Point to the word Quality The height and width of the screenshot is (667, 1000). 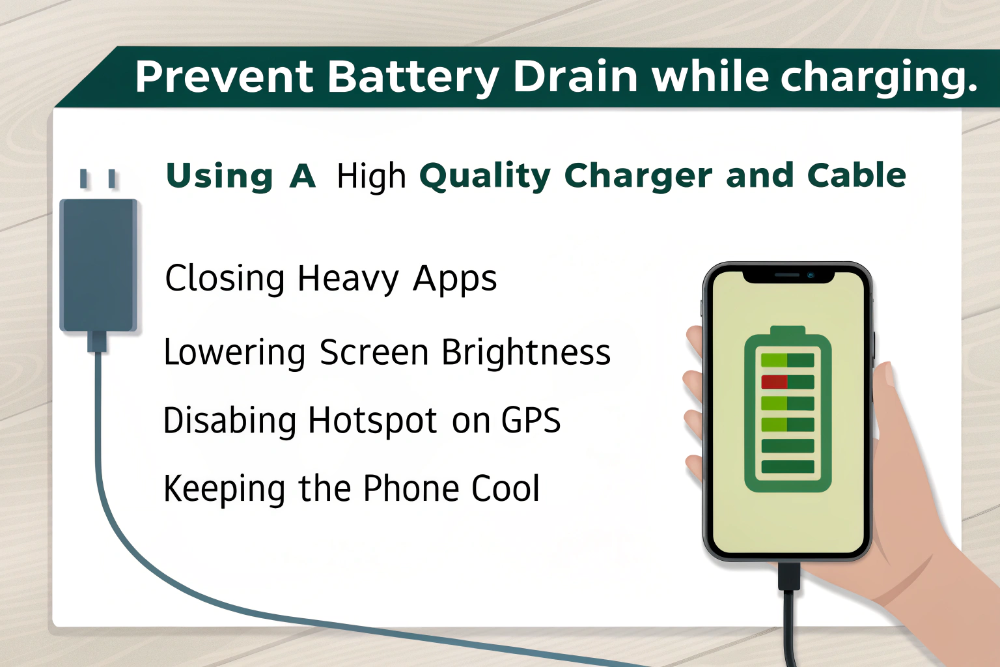pyautogui.click(x=485, y=177)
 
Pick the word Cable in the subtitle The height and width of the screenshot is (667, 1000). pyautogui.click(x=856, y=175)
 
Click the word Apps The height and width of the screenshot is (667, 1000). pyautogui.click(x=454, y=279)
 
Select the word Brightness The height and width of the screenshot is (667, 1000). pyautogui.click(x=526, y=352)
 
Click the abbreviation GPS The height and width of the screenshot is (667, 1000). pyautogui.click(x=531, y=420)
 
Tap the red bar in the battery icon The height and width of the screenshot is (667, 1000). pyautogui.click(x=774, y=382)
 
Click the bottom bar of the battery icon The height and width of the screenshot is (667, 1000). pyautogui.click(x=788, y=466)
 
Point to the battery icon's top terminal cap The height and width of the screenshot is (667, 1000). pyautogui.click(x=788, y=331)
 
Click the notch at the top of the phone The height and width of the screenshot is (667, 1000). pyautogui.click(x=788, y=276)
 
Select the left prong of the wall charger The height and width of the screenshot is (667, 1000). pyautogui.click(x=83, y=178)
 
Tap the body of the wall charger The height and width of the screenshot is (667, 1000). pyautogui.click(x=98, y=264)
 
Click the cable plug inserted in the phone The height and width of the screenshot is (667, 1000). pyautogui.click(x=788, y=576)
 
